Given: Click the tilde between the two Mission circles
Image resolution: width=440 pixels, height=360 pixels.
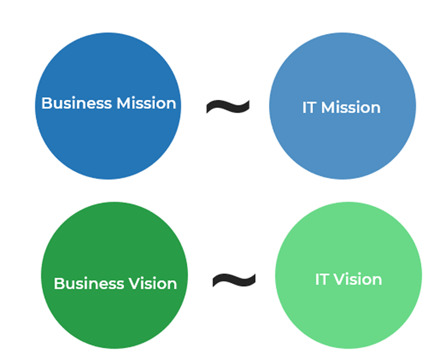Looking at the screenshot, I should click(x=228, y=106).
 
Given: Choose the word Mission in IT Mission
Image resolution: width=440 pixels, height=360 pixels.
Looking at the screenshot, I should click(x=351, y=108).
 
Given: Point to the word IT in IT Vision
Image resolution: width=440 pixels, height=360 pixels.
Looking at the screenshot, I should click(x=322, y=279).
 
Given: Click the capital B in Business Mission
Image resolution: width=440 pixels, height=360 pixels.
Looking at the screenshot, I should click(x=46, y=103).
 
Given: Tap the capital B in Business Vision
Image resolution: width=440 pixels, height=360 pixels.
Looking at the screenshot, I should click(x=59, y=284).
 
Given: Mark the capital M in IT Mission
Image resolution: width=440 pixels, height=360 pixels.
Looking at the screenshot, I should click(x=328, y=108).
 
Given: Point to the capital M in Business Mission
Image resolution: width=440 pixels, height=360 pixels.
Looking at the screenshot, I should click(x=123, y=103).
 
